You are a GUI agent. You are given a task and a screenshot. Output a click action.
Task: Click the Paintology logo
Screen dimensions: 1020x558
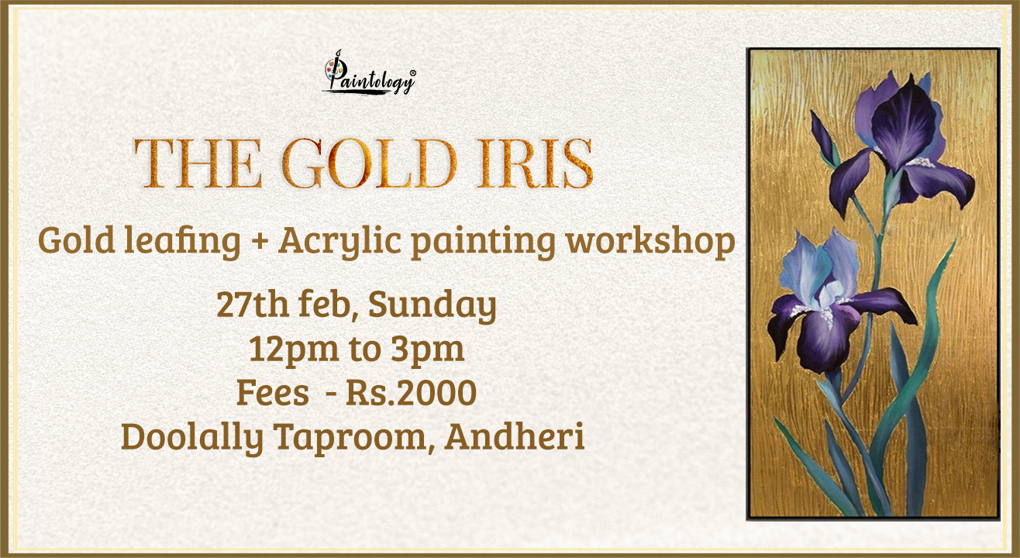click(369, 73)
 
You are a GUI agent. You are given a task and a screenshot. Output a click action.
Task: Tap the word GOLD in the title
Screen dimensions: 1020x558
click(369, 164)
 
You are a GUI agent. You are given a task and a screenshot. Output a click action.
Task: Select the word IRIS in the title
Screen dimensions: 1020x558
click(535, 164)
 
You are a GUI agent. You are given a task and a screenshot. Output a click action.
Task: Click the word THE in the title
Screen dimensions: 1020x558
click(198, 164)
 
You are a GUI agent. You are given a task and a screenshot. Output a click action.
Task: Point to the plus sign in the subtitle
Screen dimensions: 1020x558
click(260, 239)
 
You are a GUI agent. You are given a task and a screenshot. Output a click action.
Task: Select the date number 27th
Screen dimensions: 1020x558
click(252, 304)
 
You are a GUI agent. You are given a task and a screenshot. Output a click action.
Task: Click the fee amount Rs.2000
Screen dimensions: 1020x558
click(411, 393)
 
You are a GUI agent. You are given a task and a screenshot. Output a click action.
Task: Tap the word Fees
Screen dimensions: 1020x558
click(273, 393)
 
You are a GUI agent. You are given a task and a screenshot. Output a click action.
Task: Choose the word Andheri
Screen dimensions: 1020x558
click(515, 436)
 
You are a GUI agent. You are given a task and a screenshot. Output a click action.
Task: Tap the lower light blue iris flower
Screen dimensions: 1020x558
click(824, 301)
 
